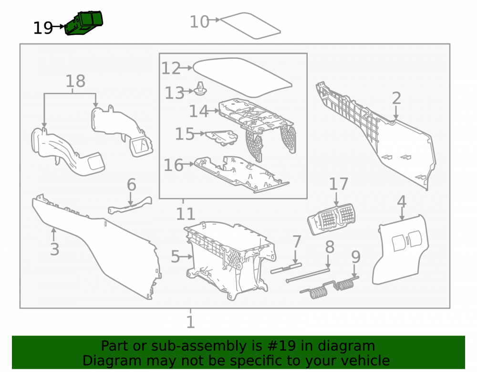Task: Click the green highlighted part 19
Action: click(84, 23)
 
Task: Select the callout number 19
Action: click(43, 28)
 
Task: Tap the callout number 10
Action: click(199, 22)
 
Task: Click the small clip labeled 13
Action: click(200, 89)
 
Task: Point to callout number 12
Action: click(171, 68)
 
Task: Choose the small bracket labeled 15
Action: click(221, 138)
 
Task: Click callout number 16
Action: click(174, 165)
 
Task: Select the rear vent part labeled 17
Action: click(332, 219)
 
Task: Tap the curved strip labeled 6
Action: click(130, 206)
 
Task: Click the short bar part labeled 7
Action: click(286, 268)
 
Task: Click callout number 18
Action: click(75, 81)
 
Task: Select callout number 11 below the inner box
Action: click(186, 214)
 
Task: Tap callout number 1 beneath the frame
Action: click(190, 322)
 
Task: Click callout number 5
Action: click(175, 257)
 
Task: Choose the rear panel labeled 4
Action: click(401, 250)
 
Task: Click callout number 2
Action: click(396, 98)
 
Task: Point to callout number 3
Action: click(54, 249)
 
